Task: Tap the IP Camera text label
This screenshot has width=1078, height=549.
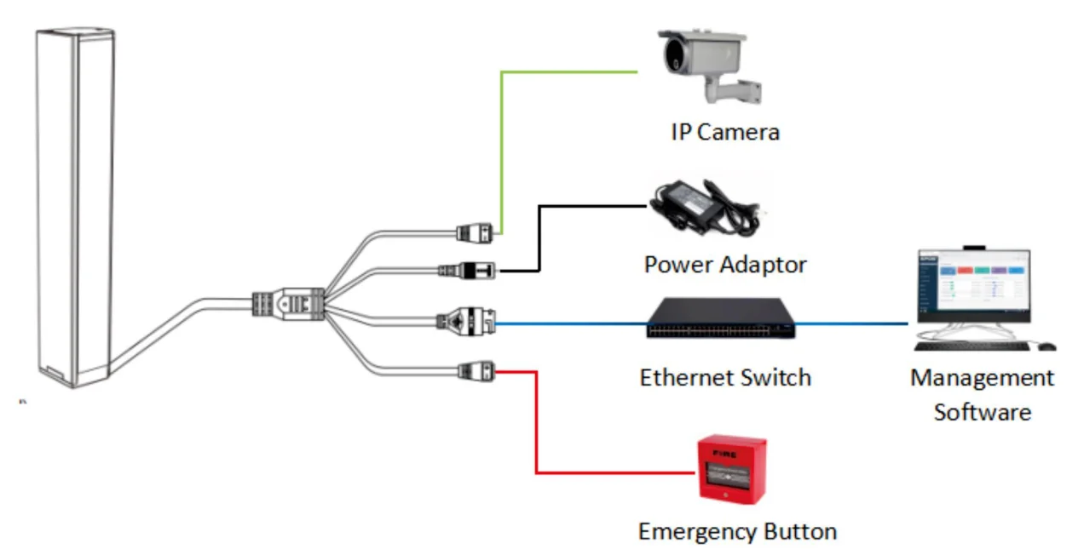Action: point(724,133)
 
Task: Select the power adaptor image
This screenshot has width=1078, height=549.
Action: point(703,209)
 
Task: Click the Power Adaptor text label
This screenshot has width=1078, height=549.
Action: point(724,265)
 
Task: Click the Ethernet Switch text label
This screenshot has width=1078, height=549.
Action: point(725,376)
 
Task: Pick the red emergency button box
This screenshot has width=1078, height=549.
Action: point(731,470)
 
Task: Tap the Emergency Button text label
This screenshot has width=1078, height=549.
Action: point(737,532)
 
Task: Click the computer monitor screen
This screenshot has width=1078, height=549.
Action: point(973,287)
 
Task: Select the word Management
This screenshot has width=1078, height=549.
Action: point(982,377)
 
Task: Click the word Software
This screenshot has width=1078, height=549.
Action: point(982,412)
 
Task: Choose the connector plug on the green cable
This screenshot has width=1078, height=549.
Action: point(475,232)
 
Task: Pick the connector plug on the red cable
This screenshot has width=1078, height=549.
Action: point(476,370)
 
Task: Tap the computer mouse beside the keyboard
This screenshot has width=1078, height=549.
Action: point(1046,346)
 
